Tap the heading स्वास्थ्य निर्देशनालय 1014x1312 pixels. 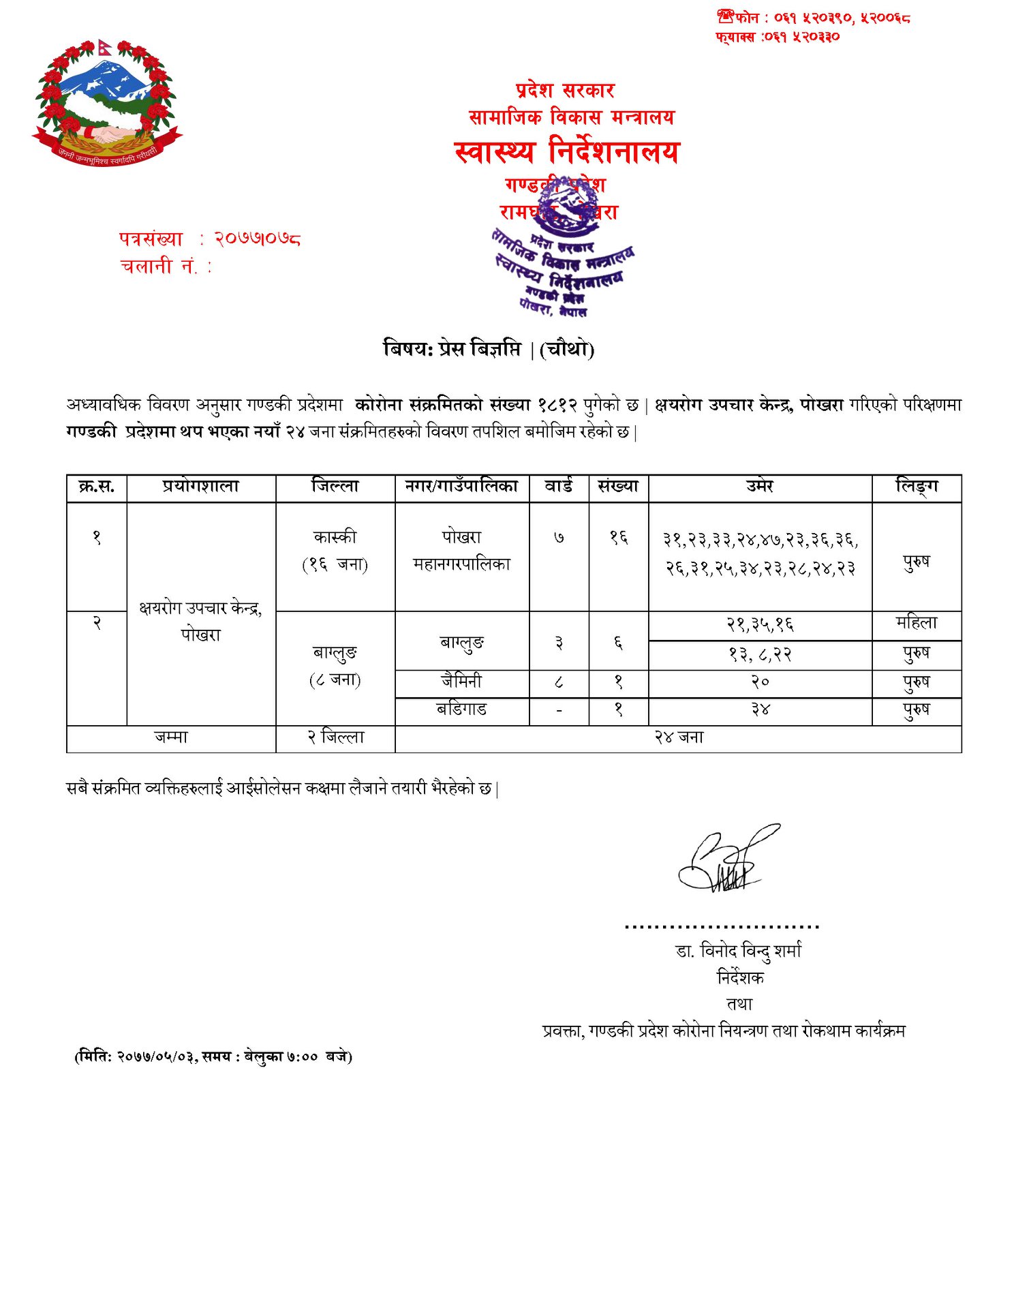566,151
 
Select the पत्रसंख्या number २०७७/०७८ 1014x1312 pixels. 257,239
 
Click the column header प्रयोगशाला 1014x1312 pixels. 201,487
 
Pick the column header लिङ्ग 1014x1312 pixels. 916,487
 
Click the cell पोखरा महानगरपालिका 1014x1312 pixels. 461,551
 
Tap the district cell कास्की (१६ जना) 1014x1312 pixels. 335,551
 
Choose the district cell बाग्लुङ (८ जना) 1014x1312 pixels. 335,666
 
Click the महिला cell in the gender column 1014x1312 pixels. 916,623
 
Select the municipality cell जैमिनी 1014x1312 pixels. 461,682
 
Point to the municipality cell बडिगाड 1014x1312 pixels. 461,710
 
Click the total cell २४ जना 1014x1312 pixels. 678,737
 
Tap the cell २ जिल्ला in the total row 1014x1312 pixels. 335,737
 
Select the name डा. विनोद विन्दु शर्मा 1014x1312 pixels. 739,951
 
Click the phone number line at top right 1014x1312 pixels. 814,18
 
